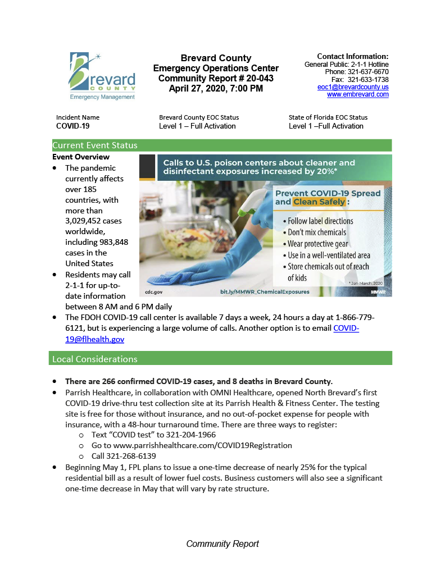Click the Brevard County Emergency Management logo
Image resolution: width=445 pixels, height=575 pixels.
tap(102, 76)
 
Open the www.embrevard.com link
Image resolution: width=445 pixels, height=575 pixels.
tap(358, 94)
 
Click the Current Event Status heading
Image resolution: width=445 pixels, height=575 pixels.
tap(95, 145)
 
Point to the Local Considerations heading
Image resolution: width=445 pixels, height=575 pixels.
tap(95, 359)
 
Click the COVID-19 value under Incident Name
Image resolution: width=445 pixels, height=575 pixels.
tap(72, 126)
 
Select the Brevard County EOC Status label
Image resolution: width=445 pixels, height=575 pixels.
tap(199, 117)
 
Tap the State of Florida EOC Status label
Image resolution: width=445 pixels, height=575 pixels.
tap(328, 117)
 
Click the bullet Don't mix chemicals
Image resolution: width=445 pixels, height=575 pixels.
tap(317, 232)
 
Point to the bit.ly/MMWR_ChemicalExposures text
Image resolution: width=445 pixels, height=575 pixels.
tap(264, 292)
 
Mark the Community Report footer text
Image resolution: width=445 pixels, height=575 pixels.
tap(222, 544)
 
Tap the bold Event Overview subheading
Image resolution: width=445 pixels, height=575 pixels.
tap(81, 157)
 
